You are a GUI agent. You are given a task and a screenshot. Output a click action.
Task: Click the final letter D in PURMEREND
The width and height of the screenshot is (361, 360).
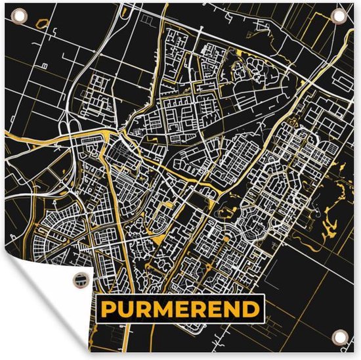tap(249, 308)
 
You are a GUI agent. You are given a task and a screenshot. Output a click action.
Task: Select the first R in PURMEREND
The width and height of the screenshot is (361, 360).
tap(147, 308)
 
